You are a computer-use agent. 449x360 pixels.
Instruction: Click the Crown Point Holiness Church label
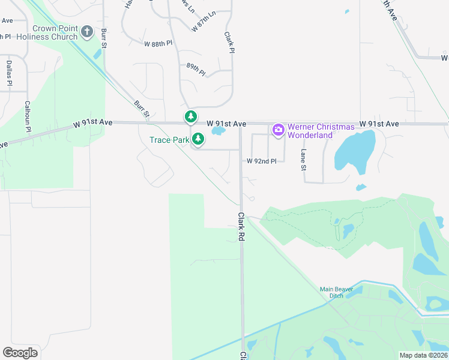click(x=47, y=32)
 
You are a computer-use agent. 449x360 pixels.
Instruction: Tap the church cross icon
click(x=87, y=31)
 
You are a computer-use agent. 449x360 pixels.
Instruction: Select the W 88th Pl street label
click(x=158, y=43)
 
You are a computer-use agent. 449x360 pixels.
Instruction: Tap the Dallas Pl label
click(x=9, y=73)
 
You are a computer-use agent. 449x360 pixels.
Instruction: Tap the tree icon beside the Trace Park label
click(x=198, y=140)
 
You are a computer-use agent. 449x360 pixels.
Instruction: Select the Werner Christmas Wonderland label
click(x=310, y=131)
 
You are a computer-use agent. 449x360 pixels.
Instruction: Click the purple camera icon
click(x=278, y=129)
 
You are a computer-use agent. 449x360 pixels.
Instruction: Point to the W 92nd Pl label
click(x=262, y=161)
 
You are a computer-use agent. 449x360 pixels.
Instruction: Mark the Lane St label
click(x=303, y=159)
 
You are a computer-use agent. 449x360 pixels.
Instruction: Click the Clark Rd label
click(x=241, y=227)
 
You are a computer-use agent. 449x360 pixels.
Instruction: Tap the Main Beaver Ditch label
click(x=336, y=293)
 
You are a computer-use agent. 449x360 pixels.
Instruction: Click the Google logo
click(x=20, y=352)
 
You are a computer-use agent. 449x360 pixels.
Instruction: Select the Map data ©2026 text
click(x=423, y=355)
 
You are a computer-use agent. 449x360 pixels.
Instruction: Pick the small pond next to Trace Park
click(x=218, y=130)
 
